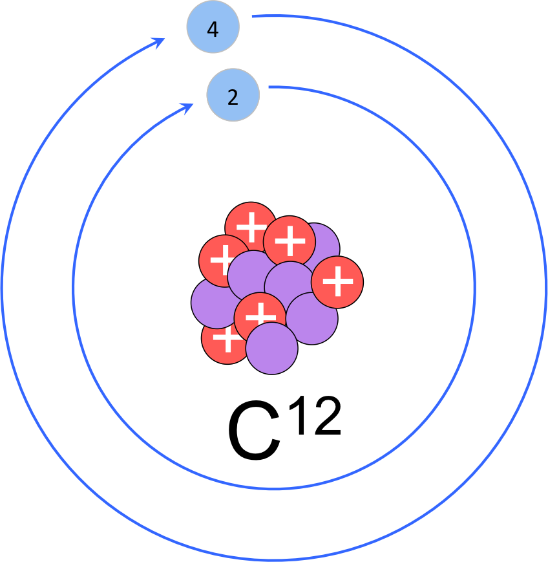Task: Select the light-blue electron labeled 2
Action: click(x=233, y=96)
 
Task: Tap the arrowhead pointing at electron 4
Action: click(x=159, y=41)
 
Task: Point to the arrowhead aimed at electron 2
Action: click(x=189, y=107)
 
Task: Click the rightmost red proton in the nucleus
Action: click(x=337, y=282)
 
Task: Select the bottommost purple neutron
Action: click(x=272, y=349)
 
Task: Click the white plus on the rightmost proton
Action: click(x=337, y=282)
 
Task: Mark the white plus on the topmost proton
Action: click(x=251, y=226)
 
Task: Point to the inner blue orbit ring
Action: click(x=475, y=285)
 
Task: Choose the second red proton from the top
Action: click(x=290, y=241)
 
